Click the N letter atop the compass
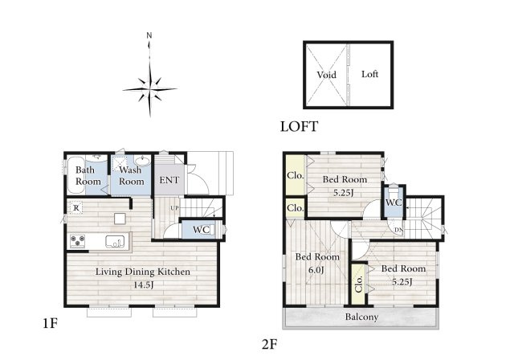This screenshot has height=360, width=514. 149,35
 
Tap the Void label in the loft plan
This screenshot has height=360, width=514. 327,75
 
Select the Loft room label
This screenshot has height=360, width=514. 369,74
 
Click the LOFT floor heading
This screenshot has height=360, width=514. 299,126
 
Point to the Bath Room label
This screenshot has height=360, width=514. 88,176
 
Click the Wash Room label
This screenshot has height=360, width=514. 131,176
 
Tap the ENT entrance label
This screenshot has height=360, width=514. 169,180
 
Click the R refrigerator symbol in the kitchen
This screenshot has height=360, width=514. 76,208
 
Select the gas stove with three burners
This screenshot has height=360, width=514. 78,241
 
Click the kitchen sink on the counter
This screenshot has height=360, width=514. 115,241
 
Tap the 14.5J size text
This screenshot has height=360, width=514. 143,285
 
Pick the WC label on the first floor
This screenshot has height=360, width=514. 202,230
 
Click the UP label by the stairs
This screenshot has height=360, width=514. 174,208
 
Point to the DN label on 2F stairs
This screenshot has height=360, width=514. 398,230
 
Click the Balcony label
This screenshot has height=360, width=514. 361,317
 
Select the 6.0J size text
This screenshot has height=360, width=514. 317,270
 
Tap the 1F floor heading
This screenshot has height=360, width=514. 50,324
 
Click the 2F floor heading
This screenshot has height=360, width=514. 270,344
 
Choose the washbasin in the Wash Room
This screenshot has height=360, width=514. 142,161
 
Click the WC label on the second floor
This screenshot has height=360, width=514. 394,202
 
